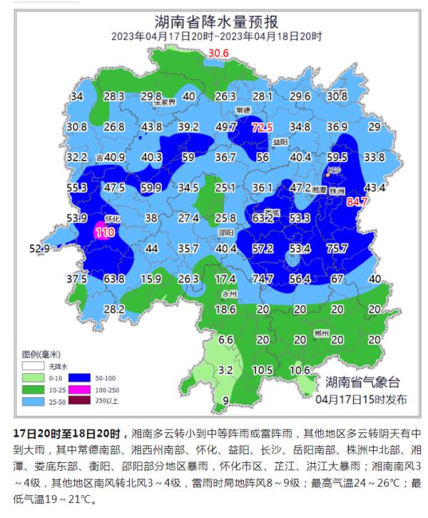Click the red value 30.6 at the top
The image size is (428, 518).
pyautogui.click(x=218, y=54)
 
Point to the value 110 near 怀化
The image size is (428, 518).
pyautogui.click(x=105, y=233)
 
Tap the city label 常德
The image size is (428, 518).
pyautogui.click(x=243, y=111)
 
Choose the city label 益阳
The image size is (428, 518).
pyautogui.click(x=280, y=142)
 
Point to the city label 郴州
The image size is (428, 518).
pyautogui.click(x=322, y=333)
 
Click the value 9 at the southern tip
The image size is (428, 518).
pyautogui.click(x=225, y=401)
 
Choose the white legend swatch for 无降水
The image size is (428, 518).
pyautogui.click(x=31, y=364)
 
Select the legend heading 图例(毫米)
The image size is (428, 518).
pyautogui.click(x=41, y=354)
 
